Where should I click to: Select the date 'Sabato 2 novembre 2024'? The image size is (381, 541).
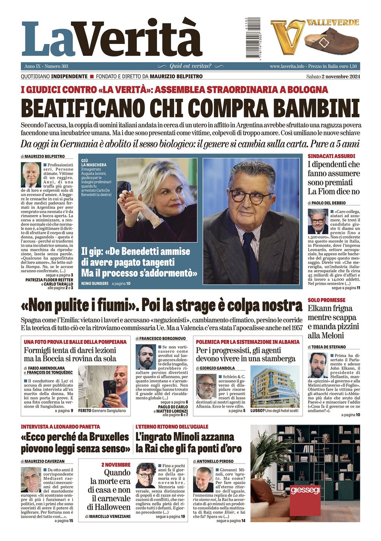[333, 77]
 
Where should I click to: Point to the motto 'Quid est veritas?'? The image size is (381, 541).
[190, 66]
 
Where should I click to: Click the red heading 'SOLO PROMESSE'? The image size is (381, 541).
[327, 300]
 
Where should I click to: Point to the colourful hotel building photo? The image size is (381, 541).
[275, 386]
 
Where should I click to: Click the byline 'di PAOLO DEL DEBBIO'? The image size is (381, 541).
[327, 203]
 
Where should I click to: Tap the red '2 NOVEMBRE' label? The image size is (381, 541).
[116, 464]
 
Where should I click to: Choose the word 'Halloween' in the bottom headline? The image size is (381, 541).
[109, 507]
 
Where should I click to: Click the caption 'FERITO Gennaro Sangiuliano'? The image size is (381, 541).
[102, 410]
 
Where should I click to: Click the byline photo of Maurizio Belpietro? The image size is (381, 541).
[31, 175]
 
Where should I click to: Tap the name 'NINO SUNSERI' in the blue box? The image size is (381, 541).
[95, 284]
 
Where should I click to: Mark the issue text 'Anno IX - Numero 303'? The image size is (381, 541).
[46, 66]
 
